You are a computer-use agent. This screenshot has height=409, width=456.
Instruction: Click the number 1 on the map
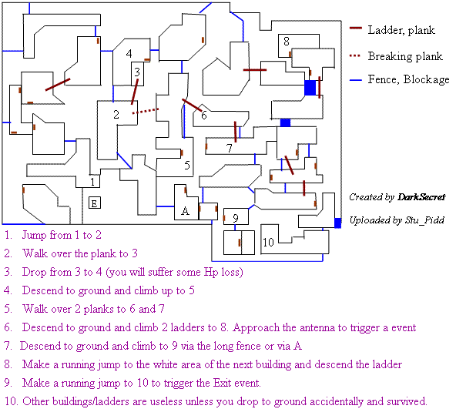92,182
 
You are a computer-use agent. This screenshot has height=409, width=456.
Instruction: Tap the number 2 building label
116,114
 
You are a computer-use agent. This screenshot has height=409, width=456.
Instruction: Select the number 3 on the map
137,72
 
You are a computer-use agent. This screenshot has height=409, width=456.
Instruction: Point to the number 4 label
129,53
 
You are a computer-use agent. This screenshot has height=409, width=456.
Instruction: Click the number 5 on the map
187,166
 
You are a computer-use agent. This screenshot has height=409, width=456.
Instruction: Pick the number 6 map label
204,116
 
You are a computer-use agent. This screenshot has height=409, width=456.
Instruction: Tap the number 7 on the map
230,149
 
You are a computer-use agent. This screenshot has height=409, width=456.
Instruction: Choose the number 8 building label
287,42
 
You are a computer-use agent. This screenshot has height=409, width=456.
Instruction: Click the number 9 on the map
236,218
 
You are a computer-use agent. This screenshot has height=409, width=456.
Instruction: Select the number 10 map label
268,242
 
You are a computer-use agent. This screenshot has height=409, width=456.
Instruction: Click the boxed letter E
95,203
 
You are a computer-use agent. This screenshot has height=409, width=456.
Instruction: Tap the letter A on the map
185,210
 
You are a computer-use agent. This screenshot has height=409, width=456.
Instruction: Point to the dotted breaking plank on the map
146,111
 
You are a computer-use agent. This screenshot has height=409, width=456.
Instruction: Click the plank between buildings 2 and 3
134,92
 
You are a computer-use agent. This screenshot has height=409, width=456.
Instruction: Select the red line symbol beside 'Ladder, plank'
355,28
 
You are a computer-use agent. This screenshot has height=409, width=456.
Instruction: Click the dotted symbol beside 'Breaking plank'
355,55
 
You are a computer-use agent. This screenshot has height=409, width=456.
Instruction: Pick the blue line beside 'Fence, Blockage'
355,79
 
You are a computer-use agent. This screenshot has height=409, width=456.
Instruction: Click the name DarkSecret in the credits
421,197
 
